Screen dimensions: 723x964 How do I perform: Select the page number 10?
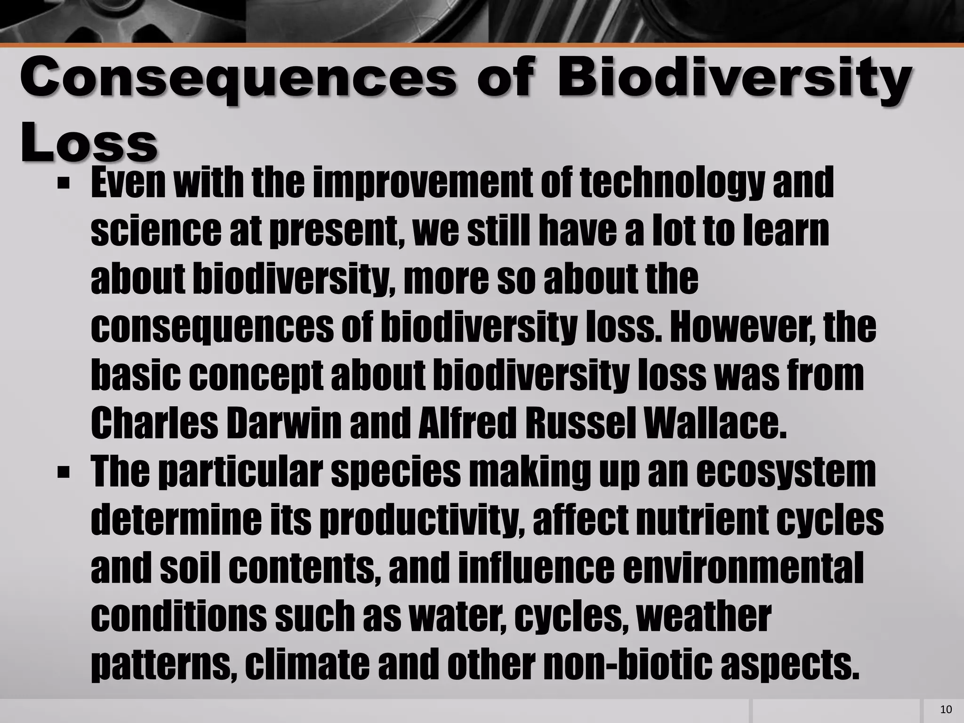(945, 709)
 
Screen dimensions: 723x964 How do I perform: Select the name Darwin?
(283, 423)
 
